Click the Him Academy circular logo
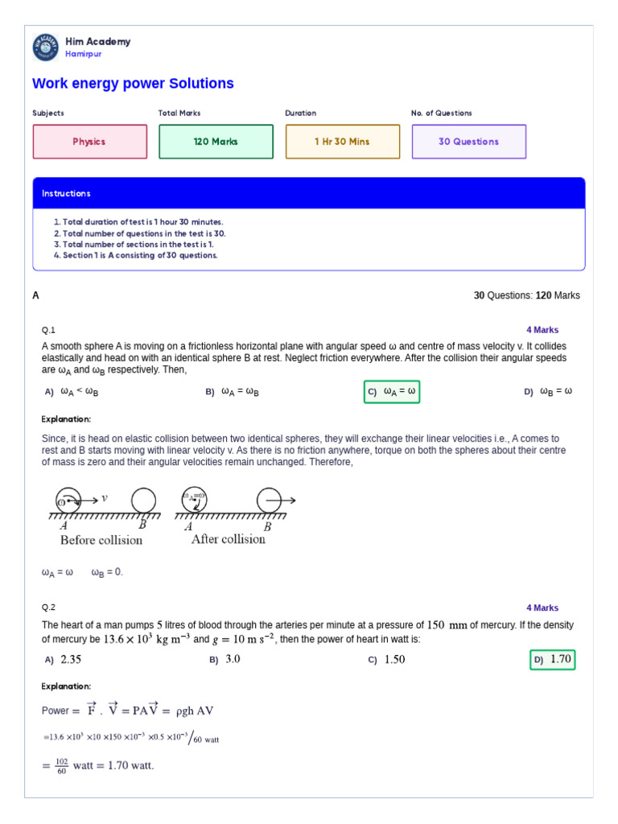pos(46,47)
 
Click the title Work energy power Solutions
pos(133,84)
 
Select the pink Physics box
pos(89,142)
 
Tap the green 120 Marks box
pos(216,142)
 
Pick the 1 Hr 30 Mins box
pos(342,142)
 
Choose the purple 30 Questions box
pos(468,142)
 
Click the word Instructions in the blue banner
pos(67,194)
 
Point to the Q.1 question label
pos(48,330)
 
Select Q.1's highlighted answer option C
pos(392,392)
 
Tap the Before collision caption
pos(101,540)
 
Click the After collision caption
pos(229,539)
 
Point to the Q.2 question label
pos(48,608)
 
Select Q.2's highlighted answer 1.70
pos(553,660)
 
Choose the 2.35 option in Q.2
pos(64,660)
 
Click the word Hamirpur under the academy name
pos(84,54)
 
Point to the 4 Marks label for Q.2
pos(542,608)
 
